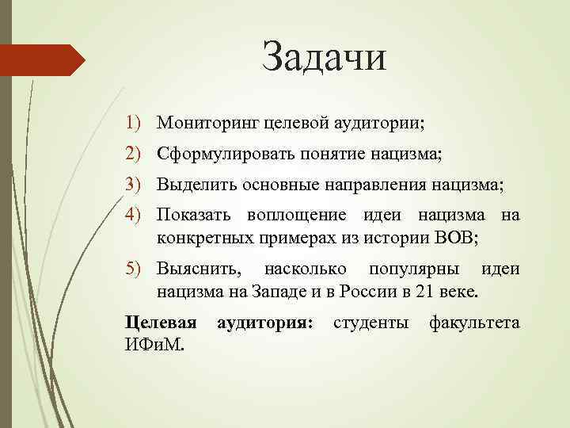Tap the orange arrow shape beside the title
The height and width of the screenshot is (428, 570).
[x=43, y=59]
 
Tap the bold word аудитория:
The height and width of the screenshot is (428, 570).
[x=264, y=323]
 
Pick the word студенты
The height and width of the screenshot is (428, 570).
[x=371, y=323]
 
